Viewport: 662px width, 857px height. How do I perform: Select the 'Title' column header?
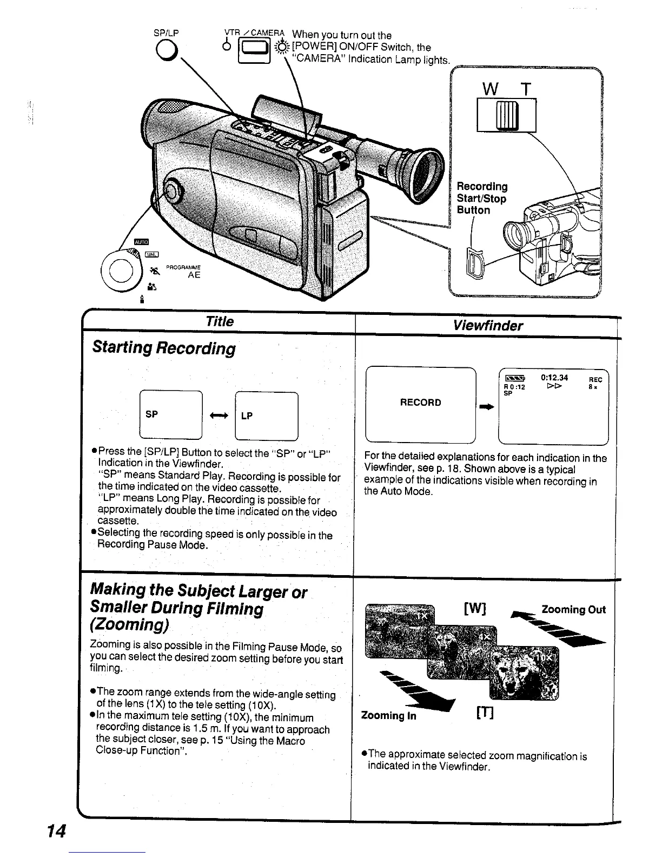[220, 321]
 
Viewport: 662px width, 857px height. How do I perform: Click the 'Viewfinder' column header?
[488, 325]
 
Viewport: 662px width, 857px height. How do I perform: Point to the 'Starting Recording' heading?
[164, 347]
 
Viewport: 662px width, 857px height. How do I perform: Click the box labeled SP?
[170, 414]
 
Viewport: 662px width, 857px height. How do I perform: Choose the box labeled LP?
[267, 416]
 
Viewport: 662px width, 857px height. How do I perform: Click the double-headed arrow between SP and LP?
[219, 415]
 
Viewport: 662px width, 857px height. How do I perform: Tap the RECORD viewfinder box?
[420, 403]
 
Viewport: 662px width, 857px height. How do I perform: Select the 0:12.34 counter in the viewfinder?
[554, 378]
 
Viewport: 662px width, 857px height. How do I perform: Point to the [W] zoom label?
[475, 609]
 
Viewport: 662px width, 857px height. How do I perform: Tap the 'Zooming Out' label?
[573, 610]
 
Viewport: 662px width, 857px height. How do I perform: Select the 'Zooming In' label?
[388, 715]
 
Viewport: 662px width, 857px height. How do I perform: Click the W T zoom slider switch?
[506, 115]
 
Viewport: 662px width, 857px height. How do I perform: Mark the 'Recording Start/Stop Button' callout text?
[482, 198]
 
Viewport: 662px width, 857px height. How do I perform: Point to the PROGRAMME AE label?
[184, 271]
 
